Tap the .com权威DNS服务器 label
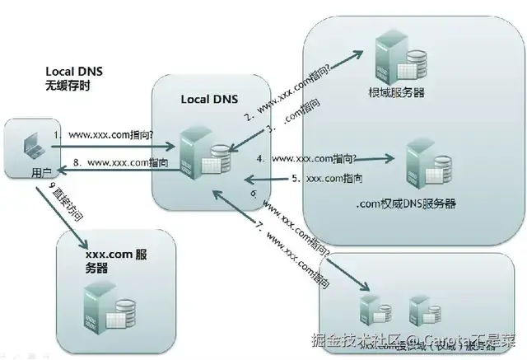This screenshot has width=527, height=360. (x=406, y=203)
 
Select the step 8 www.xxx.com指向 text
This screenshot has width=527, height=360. (x=115, y=164)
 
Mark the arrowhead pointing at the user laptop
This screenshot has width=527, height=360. (x=53, y=164)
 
